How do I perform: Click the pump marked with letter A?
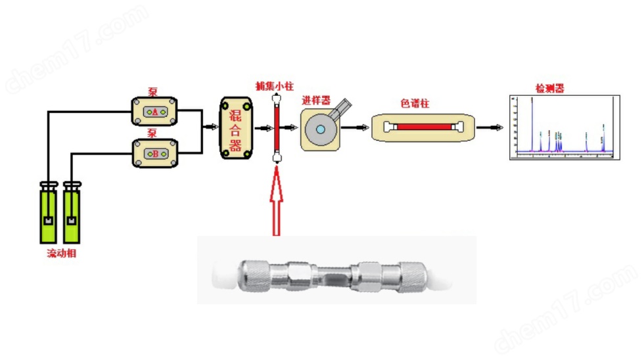pyautogui.click(x=154, y=112)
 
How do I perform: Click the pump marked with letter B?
pyautogui.click(x=155, y=154)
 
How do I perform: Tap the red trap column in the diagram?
pyautogui.click(x=277, y=127)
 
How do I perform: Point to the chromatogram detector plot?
pyautogui.click(x=565, y=128)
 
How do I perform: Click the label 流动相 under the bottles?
pyautogui.click(x=60, y=254)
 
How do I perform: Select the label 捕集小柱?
pyautogui.click(x=275, y=85)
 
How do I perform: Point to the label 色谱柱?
pyautogui.click(x=415, y=103)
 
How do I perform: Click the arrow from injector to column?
pyautogui.click(x=359, y=127)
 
